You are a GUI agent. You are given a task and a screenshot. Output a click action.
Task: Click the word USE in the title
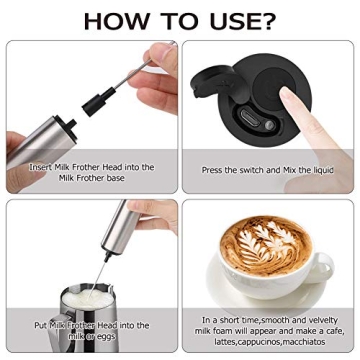pos(221,21)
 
